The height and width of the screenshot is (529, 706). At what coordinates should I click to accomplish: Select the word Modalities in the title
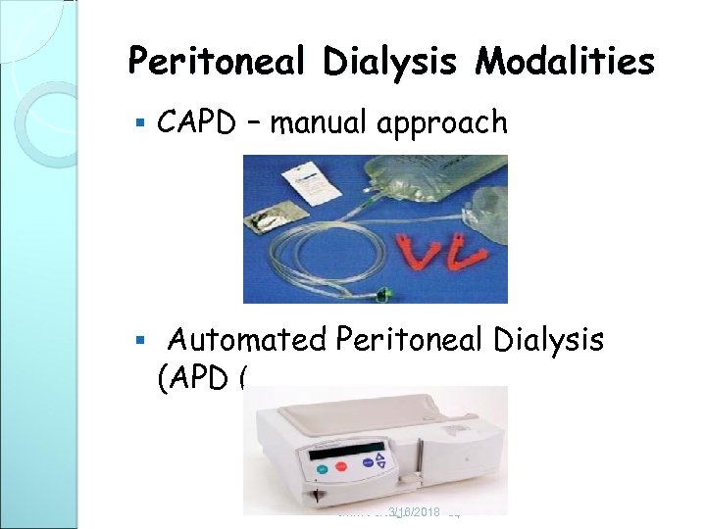(566, 63)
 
